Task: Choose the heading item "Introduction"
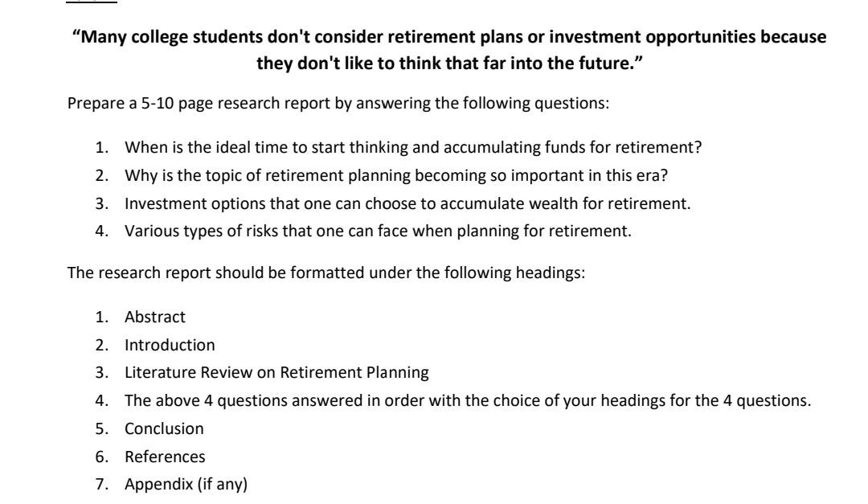[x=170, y=345]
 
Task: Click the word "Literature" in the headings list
[x=155, y=373]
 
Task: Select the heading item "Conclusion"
[x=164, y=428]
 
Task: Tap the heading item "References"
[x=165, y=457]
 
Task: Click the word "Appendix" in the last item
[x=154, y=485]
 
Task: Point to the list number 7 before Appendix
[x=103, y=485]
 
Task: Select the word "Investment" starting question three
[x=158, y=203]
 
